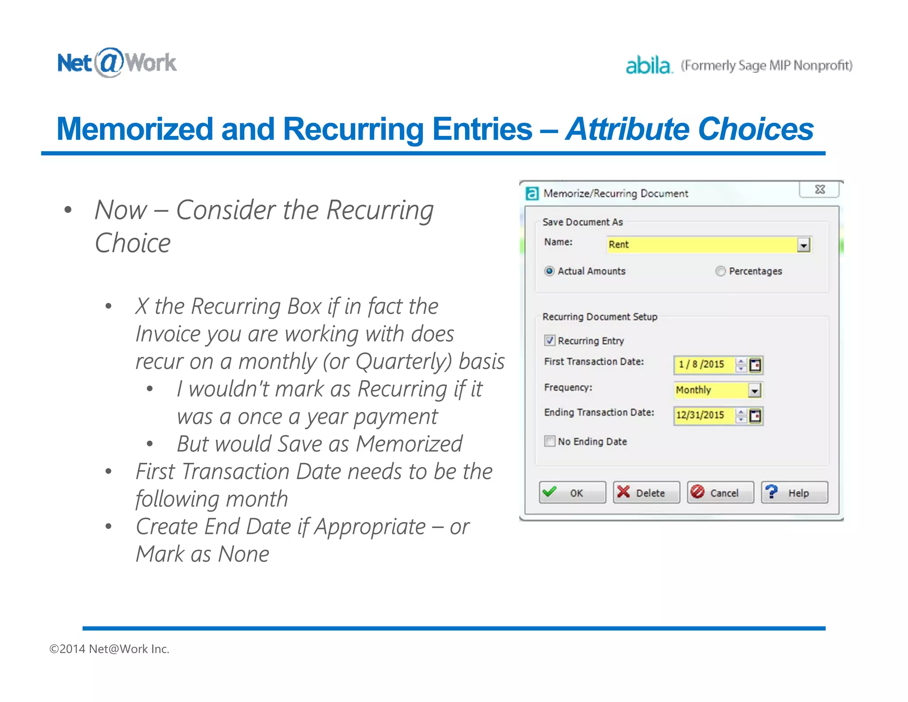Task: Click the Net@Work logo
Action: pyautogui.click(x=117, y=63)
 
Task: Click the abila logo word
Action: pyautogui.click(x=648, y=66)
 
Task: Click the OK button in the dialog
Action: pyautogui.click(x=572, y=493)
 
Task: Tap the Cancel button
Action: pyautogui.click(x=720, y=493)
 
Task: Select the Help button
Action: pyautogui.click(x=794, y=493)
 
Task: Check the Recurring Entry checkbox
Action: pyautogui.click(x=550, y=340)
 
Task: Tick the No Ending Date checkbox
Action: pyautogui.click(x=550, y=441)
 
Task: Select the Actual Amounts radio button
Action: pyautogui.click(x=549, y=271)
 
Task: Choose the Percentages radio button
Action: pyautogui.click(x=720, y=271)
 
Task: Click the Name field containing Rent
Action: pyautogui.click(x=701, y=245)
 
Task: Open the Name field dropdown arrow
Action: pyautogui.click(x=803, y=245)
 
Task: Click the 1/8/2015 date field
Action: pyautogui.click(x=703, y=365)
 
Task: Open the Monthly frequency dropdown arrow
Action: pyautogui.click(x=755, y=390)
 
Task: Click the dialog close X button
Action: pyautogui.click(x=820, y=190)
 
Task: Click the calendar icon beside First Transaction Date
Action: pyautogui.click(x=755, y=365)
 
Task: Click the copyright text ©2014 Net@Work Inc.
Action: pyautogui.click(x=109, y=649)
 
